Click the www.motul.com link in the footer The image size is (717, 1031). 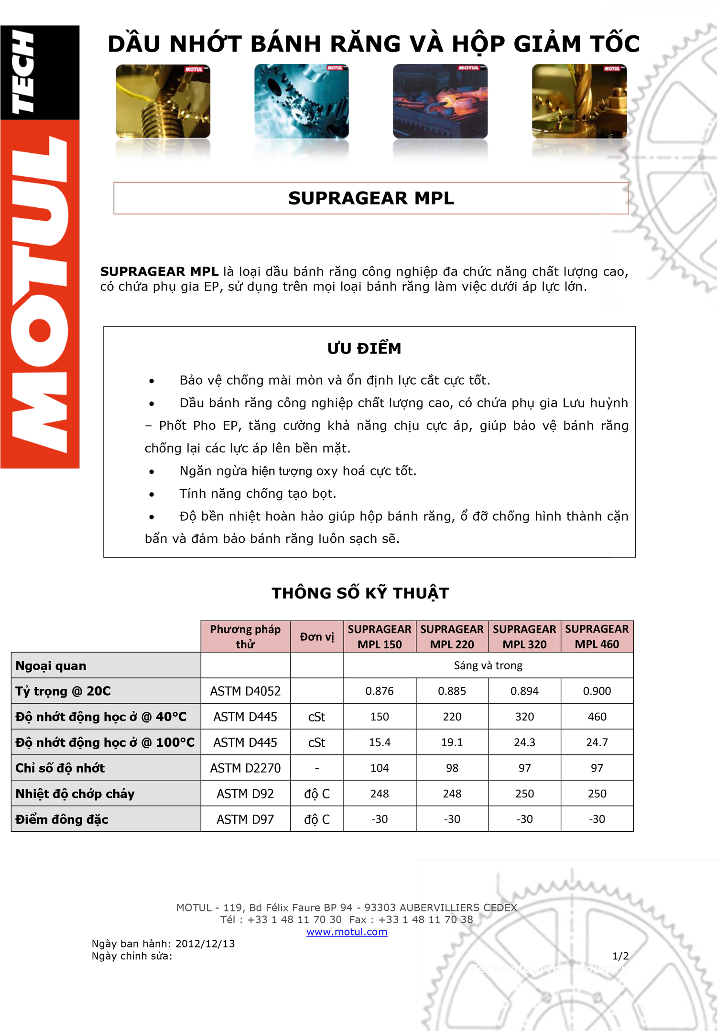coord(347,932)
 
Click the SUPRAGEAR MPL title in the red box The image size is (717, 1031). coord(371,198)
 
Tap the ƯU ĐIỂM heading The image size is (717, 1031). coord(364,348)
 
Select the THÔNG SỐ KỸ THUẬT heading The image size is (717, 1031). coord(360,593)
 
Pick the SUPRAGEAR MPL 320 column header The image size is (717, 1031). coord(524,636)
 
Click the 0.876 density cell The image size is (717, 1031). coord(380,691)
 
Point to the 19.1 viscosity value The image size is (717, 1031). coord(452,742)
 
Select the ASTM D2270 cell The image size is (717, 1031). coord(245,768)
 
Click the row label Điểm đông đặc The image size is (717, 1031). coord(62,819)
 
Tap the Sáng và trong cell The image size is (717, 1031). coord(488,666)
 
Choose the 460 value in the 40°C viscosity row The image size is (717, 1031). coord(597,717)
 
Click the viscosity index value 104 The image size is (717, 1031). coord(380,768)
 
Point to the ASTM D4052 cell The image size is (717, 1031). coord(245,691)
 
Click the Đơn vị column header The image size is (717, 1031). coord(317,636)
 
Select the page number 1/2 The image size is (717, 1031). coord(620,956)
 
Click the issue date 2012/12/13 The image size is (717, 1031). coord(205,944)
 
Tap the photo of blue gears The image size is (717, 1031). coord(301,101)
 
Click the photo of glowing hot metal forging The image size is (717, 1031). coord(440,101)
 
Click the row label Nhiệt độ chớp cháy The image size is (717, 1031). coord(75,794)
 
